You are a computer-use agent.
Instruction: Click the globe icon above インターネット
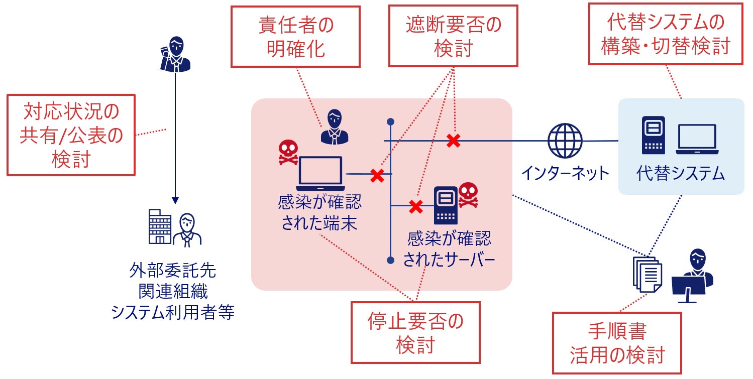click(565, 141)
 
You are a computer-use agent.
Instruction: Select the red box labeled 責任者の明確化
click(295, 37)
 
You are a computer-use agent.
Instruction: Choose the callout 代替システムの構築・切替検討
click(665, 34)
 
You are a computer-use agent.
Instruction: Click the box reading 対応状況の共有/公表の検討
click(71, 135)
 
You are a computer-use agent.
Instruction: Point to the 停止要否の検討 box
click(415, 332)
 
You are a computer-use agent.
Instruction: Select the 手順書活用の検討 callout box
click(617, 343)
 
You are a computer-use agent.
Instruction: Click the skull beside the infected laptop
click(288, 153)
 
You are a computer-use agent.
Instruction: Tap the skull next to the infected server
click(468, 195)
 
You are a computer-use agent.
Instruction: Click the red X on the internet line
click(454, 141)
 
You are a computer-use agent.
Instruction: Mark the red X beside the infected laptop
click(377, 175)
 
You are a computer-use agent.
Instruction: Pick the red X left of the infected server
click(416, 206)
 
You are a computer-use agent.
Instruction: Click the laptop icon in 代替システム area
click(696, 139)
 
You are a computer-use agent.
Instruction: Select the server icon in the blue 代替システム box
click(653, 135)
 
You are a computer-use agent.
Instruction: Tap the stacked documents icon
click(647, 274)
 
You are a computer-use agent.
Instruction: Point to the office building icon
click(160, 226)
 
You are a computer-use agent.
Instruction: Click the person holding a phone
click(174, 54)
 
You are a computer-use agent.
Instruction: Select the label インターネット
click(565, 173)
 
